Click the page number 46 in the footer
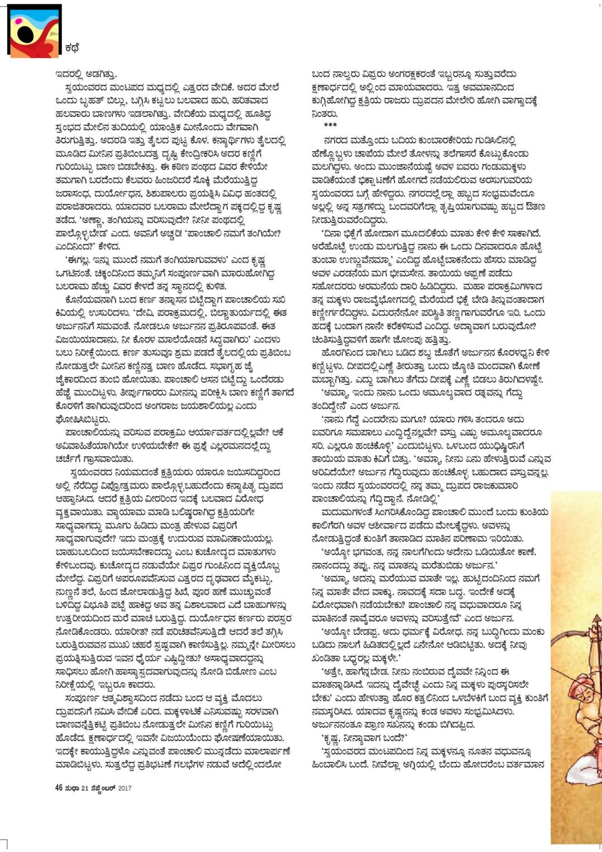[x=59, y=788]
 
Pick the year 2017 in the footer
[x=125, y=788]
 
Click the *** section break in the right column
[x=330, y=125]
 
